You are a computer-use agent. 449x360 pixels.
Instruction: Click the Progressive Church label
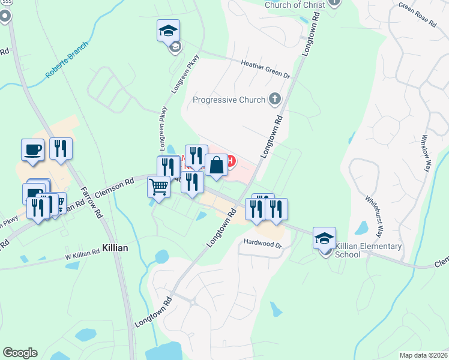coord(229,100)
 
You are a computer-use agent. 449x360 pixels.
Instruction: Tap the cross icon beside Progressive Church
coord(275,99)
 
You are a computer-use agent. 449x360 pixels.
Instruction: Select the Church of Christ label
coord(295,5)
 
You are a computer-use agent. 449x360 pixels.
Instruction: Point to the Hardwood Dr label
coord(262,243)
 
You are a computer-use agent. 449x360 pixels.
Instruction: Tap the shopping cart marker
coord(158,187)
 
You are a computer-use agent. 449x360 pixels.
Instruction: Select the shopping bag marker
coord(216,164)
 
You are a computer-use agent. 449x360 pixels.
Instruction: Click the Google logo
coord(20,353)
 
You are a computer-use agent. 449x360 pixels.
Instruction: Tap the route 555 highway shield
coord(5,15)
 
